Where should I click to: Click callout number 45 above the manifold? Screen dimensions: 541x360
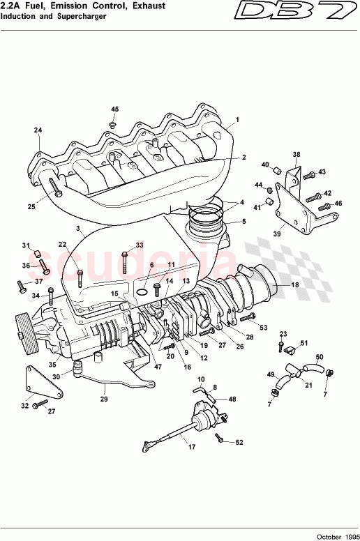click(x=115, y=109)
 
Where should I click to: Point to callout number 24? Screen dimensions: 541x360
click(x=38, y=130)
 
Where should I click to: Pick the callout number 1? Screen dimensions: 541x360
click(x=237, y=119)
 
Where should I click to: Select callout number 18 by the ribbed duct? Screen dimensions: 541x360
click(x=294, y=285)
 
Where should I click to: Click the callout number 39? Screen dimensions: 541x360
click(x=276, y=234)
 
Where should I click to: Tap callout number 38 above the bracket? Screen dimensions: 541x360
click(x=297, y=154)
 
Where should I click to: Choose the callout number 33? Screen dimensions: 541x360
click(x=139, y=245)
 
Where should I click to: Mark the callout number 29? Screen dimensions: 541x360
click(x=104, y=399)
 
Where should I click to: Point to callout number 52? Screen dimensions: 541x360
click(x=239, y=442)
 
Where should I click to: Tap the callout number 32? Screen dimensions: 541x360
click(x=25, y=405)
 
